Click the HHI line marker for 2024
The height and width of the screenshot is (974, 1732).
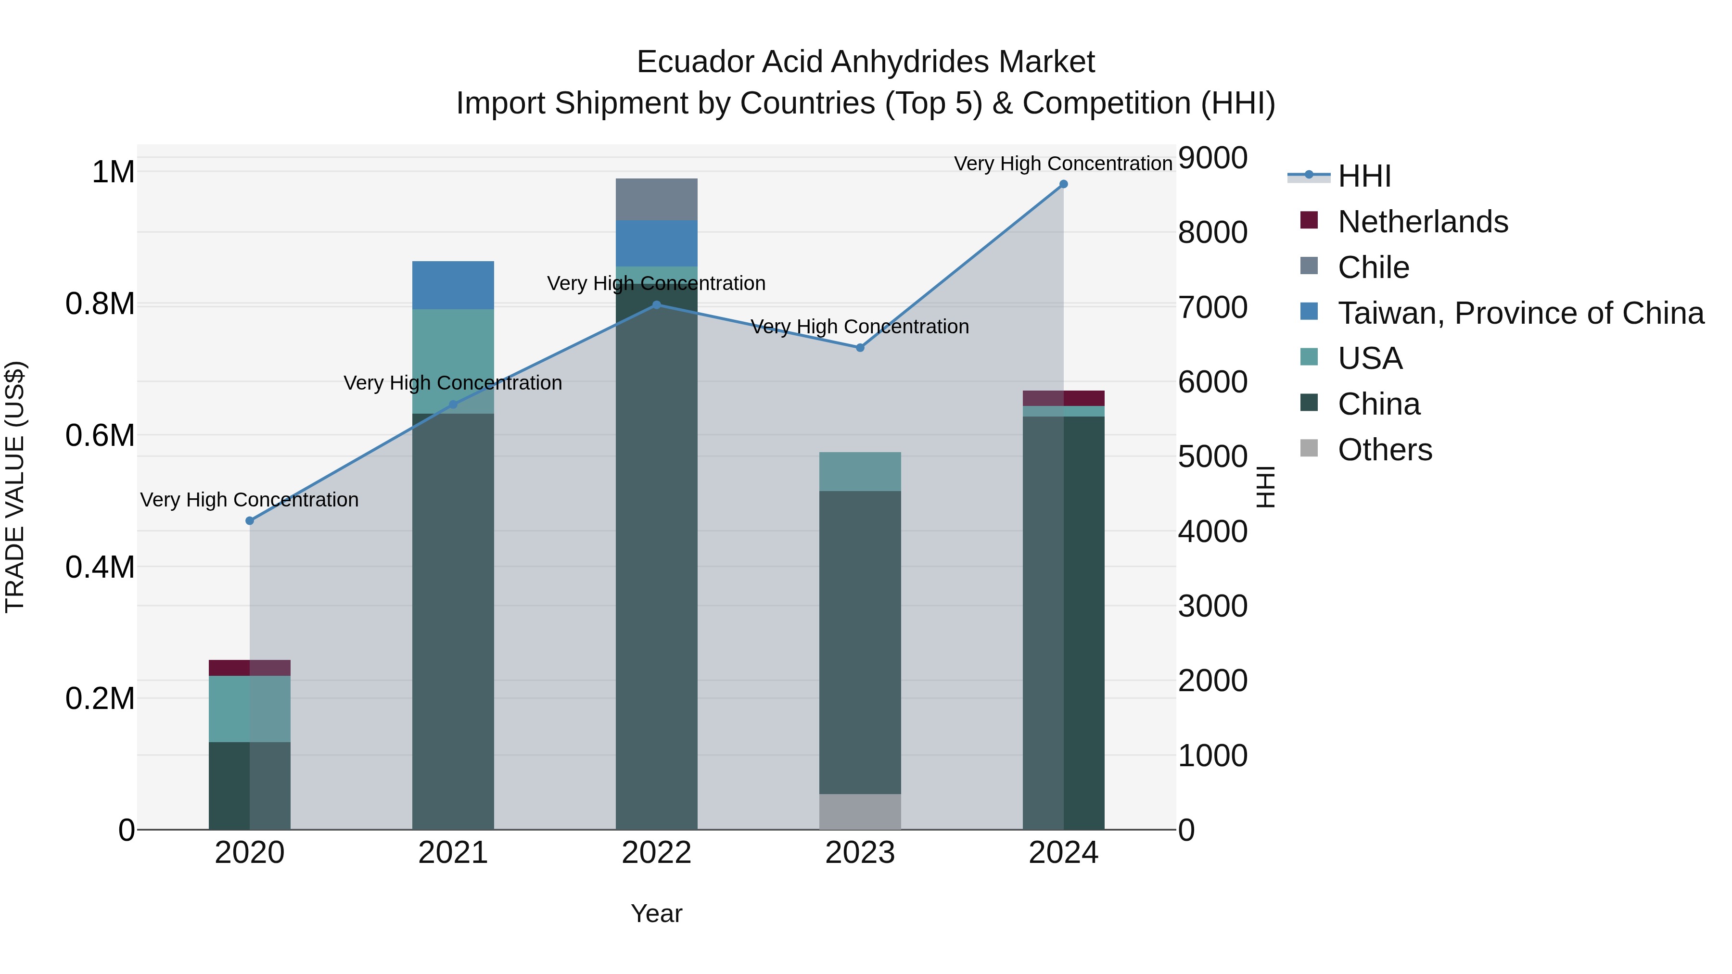1063,184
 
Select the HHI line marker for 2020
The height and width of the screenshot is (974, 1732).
249,521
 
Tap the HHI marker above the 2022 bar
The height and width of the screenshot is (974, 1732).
657,304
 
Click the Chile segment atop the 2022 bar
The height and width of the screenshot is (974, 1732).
657,200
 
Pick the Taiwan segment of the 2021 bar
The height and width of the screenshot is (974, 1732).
453,285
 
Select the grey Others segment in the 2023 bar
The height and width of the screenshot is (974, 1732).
860,811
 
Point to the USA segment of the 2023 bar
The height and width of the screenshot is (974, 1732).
860,471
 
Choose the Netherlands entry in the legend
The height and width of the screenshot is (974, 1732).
1422,222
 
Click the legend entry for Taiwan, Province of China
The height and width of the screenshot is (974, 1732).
1519,313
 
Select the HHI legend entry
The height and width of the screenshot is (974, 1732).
1363,176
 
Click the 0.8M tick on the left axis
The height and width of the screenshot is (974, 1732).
100,304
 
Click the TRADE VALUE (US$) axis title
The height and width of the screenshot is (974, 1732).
15,487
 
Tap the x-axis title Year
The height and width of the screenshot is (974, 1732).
656,913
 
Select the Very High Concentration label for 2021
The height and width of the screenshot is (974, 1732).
453,383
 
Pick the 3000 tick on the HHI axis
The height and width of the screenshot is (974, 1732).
1213,607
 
